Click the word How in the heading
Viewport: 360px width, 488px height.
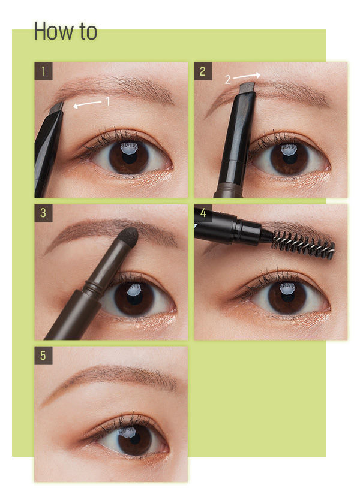point(54,31)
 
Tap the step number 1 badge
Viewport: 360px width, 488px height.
point(43,71)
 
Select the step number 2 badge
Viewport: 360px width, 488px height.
point(203,71)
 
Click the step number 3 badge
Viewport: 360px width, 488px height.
point(43,213)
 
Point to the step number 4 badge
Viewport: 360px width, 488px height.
point(203,213)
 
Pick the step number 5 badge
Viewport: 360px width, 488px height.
point(43,356)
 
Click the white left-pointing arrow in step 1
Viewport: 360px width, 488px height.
point(87,104)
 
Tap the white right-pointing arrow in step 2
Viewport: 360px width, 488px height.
point(247,76)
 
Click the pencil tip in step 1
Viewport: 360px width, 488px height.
point(58,107)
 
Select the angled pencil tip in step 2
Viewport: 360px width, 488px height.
point(247,88)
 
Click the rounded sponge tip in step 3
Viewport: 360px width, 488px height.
point(129,236)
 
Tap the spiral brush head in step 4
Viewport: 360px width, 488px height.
point(302,243)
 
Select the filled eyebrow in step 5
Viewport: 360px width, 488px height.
point(109,378)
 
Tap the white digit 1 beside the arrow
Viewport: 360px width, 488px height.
point(107,101)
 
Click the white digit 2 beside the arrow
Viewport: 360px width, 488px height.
point(227,80)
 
